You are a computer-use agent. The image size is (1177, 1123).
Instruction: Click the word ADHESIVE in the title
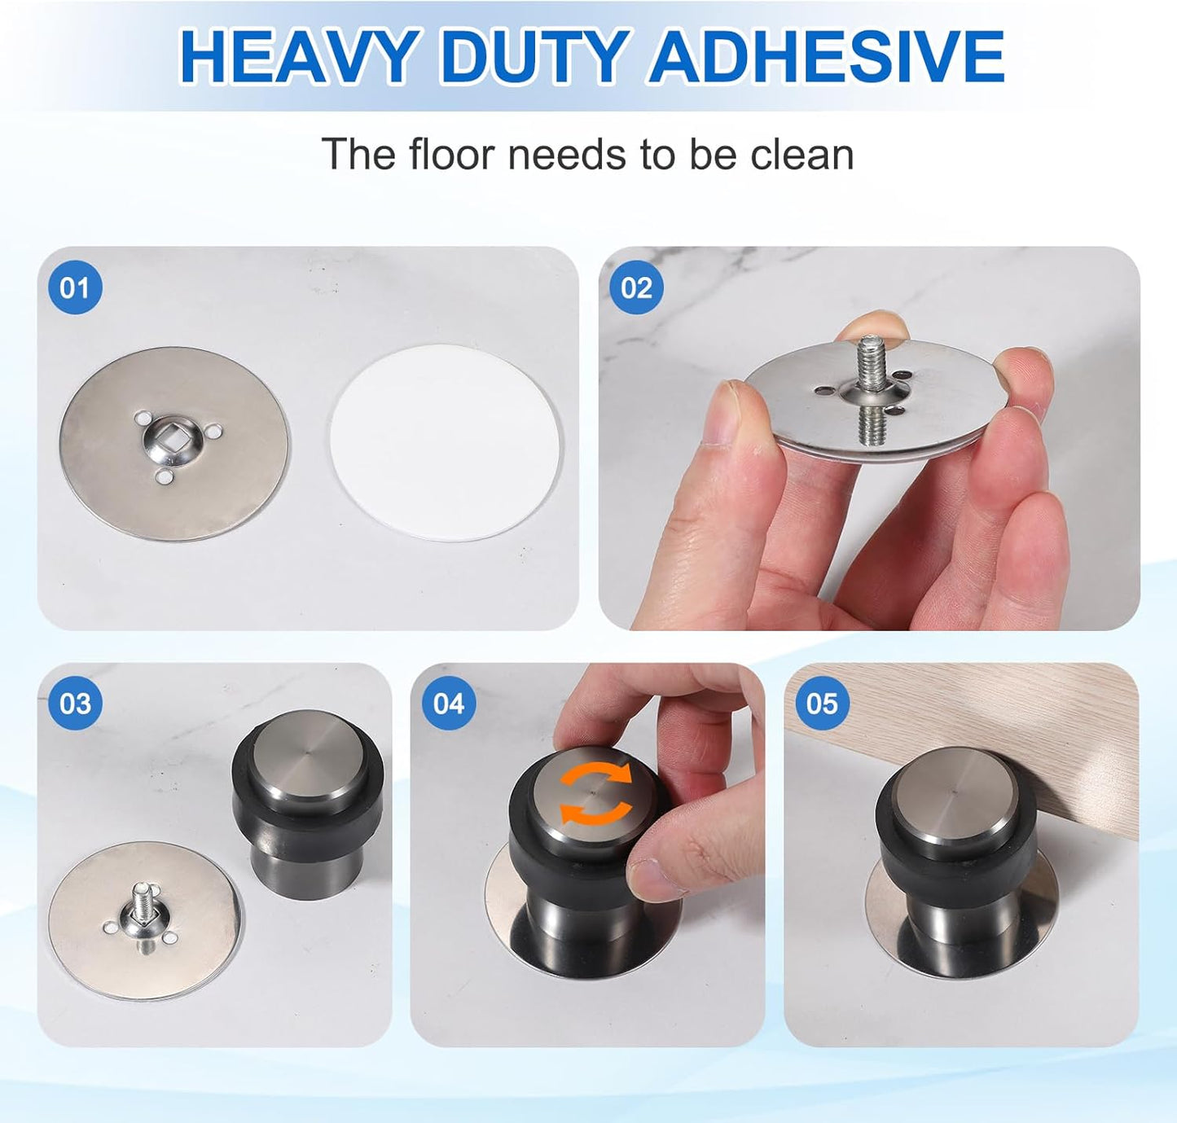pyautogui.click(x=826, y=57)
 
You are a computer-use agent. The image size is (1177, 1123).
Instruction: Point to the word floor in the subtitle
pyautogui.click(x=452, y=155)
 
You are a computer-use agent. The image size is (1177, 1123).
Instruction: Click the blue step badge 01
pyautogui.click(x=75, y=287)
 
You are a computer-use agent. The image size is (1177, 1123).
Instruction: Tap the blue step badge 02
pyautogui.click(x=636, y=287)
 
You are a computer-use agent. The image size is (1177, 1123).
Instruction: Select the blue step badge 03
pyautogui.click(x=75, y=703)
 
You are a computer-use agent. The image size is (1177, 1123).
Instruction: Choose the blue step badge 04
pyautogui.click(x=448, y=703)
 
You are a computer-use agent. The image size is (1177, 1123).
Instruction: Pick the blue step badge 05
pyautogui.click(x=821, y=703)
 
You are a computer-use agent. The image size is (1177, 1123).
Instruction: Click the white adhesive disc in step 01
pyautogui.click(x=446, y=442)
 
